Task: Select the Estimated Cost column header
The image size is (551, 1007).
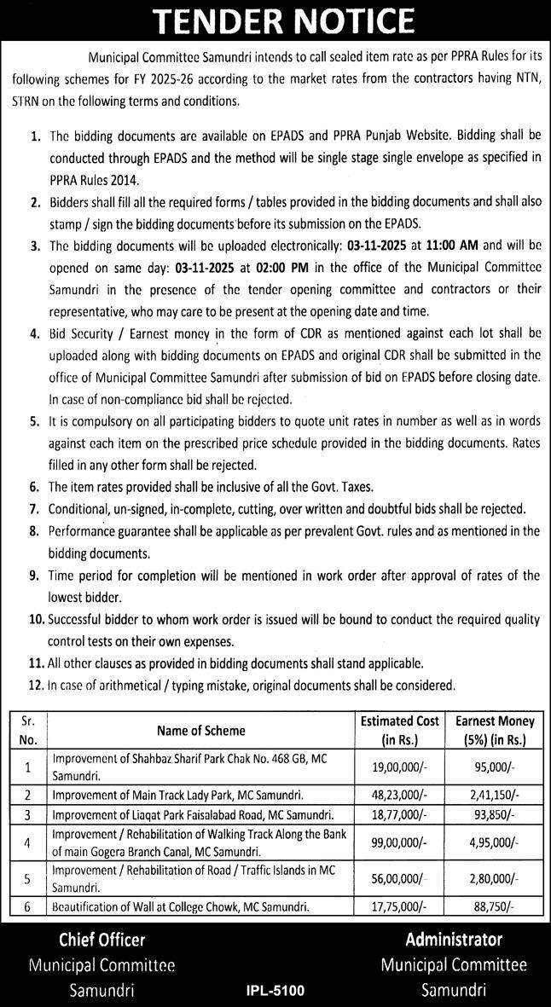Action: click(x=399, y=730)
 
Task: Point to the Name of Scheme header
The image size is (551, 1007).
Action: click(x=200, y=730)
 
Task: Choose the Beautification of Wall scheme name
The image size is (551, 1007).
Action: click(x=181, y=907)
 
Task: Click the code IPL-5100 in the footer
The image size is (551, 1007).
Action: click(x=275, y=991)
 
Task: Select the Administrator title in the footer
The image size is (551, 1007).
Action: click(x=454, y=940)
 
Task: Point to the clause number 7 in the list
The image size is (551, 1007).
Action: click(x=35, y=509)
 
